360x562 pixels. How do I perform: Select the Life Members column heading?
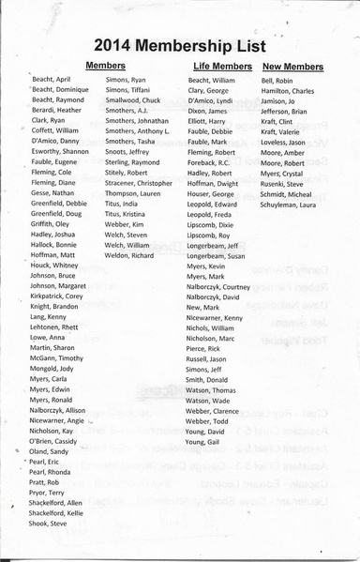[222, 67]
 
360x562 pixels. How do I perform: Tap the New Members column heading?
[292, 67]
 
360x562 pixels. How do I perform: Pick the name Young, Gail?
[203, 441]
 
